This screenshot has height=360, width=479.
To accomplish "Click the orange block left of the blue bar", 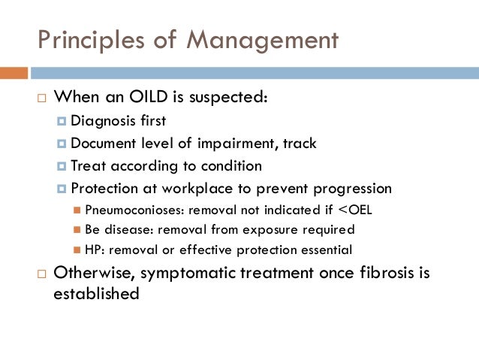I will [14, 73].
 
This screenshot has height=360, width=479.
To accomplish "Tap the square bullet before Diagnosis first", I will [62, 122].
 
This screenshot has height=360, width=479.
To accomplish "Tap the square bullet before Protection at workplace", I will [62, 189].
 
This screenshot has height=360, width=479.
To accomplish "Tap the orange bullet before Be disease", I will [78, 230].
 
